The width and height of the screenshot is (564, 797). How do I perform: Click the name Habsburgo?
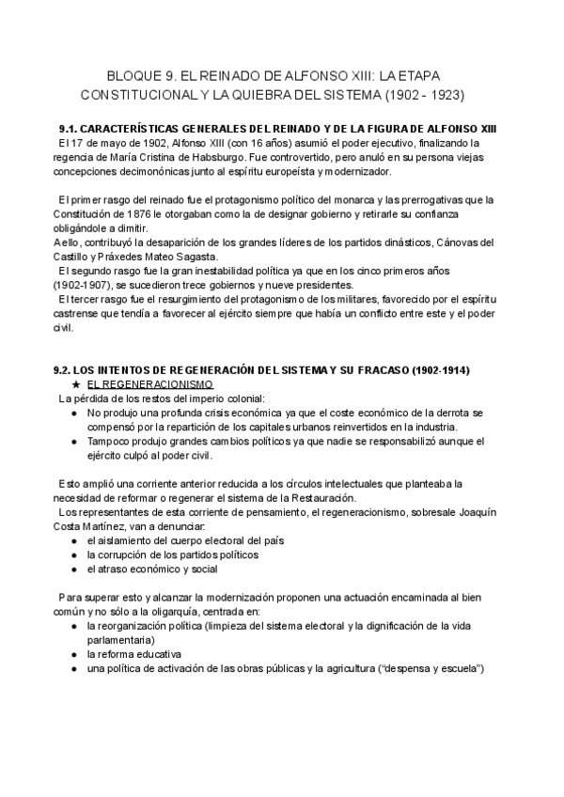point(214,158)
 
